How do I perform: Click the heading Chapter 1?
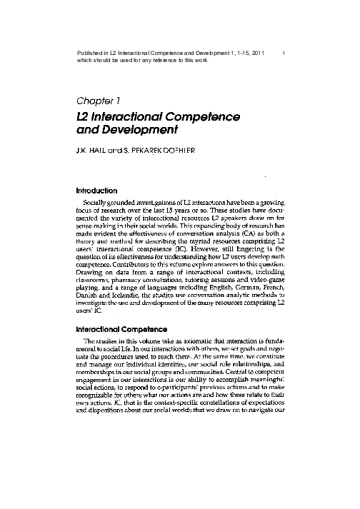pos(101,100)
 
